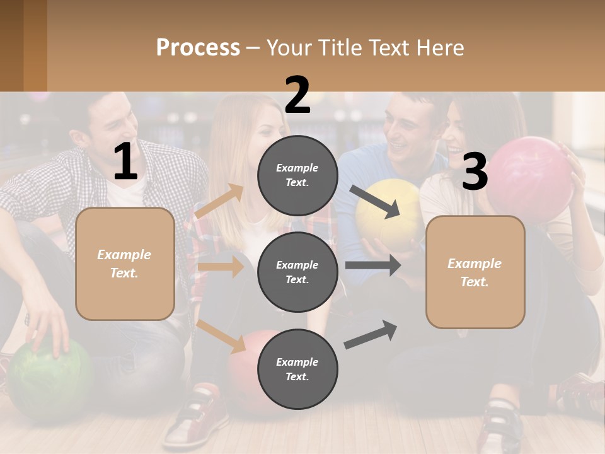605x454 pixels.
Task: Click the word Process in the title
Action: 198,47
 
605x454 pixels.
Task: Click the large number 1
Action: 125,162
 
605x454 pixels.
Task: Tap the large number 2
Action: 297,95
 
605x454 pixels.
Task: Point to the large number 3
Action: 475,172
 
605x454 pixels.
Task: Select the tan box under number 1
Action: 125,264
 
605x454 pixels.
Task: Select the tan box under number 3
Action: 475,272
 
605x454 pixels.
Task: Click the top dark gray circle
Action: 297,175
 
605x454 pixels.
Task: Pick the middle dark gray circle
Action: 297,272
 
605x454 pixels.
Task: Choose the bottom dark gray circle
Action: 297,370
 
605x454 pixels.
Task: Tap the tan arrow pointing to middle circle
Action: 221,267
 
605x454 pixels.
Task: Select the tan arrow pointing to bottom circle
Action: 221,336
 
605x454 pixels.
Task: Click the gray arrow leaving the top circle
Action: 376,201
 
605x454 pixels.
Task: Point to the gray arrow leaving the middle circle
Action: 373,265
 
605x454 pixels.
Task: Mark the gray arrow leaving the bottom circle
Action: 371,335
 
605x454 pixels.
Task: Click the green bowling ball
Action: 47,378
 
